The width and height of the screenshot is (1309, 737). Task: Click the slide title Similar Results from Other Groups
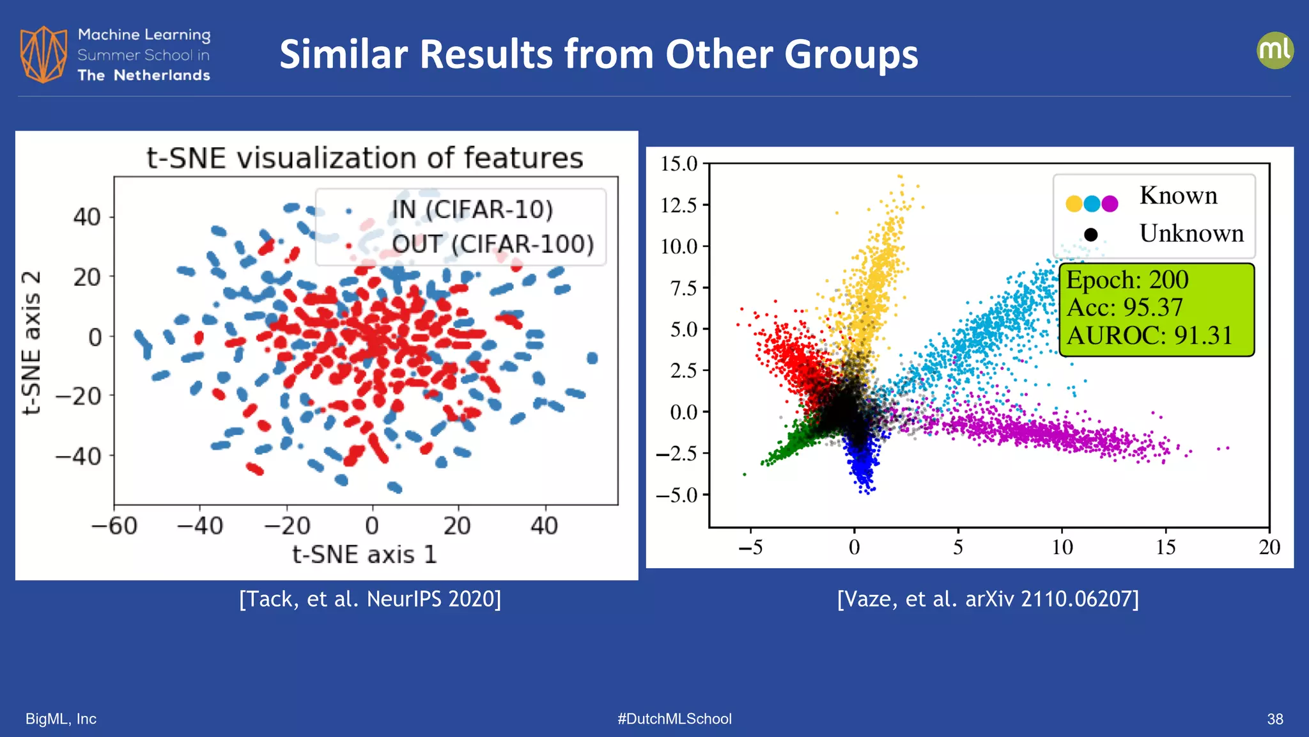pos(598,54)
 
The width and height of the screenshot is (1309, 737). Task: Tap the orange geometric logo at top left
pos(43,54)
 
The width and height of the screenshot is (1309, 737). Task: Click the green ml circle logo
pos(1274,50)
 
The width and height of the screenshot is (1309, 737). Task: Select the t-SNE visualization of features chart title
pos(364,158)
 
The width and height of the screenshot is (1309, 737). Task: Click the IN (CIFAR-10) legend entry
pos(472,209)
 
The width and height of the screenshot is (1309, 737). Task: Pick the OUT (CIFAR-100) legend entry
pos(492,244)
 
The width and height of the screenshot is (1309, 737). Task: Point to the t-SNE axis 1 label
pos(364,554)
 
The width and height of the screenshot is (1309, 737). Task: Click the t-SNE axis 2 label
pos(32,342)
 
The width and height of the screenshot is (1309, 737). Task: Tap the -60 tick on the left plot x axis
pos(114,526)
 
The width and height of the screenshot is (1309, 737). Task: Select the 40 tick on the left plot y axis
pos(87,217)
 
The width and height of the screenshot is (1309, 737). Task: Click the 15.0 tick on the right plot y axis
pos(679,164)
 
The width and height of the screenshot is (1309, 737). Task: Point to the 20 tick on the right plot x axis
pos(1269,547)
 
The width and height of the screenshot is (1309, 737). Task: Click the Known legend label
pos(1178,196)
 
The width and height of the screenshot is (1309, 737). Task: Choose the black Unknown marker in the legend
pos(1091,235)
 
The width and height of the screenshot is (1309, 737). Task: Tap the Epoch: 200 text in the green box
pos(1127,280)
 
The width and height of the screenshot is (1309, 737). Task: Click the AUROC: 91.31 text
pos(1149,335)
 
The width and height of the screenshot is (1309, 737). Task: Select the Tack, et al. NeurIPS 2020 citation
pos(370,599)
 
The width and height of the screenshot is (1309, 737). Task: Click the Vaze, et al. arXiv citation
pos(988,599)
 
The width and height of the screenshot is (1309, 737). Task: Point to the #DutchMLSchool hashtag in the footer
pos(674,718)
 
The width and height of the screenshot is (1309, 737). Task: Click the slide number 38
pos(1274,719)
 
